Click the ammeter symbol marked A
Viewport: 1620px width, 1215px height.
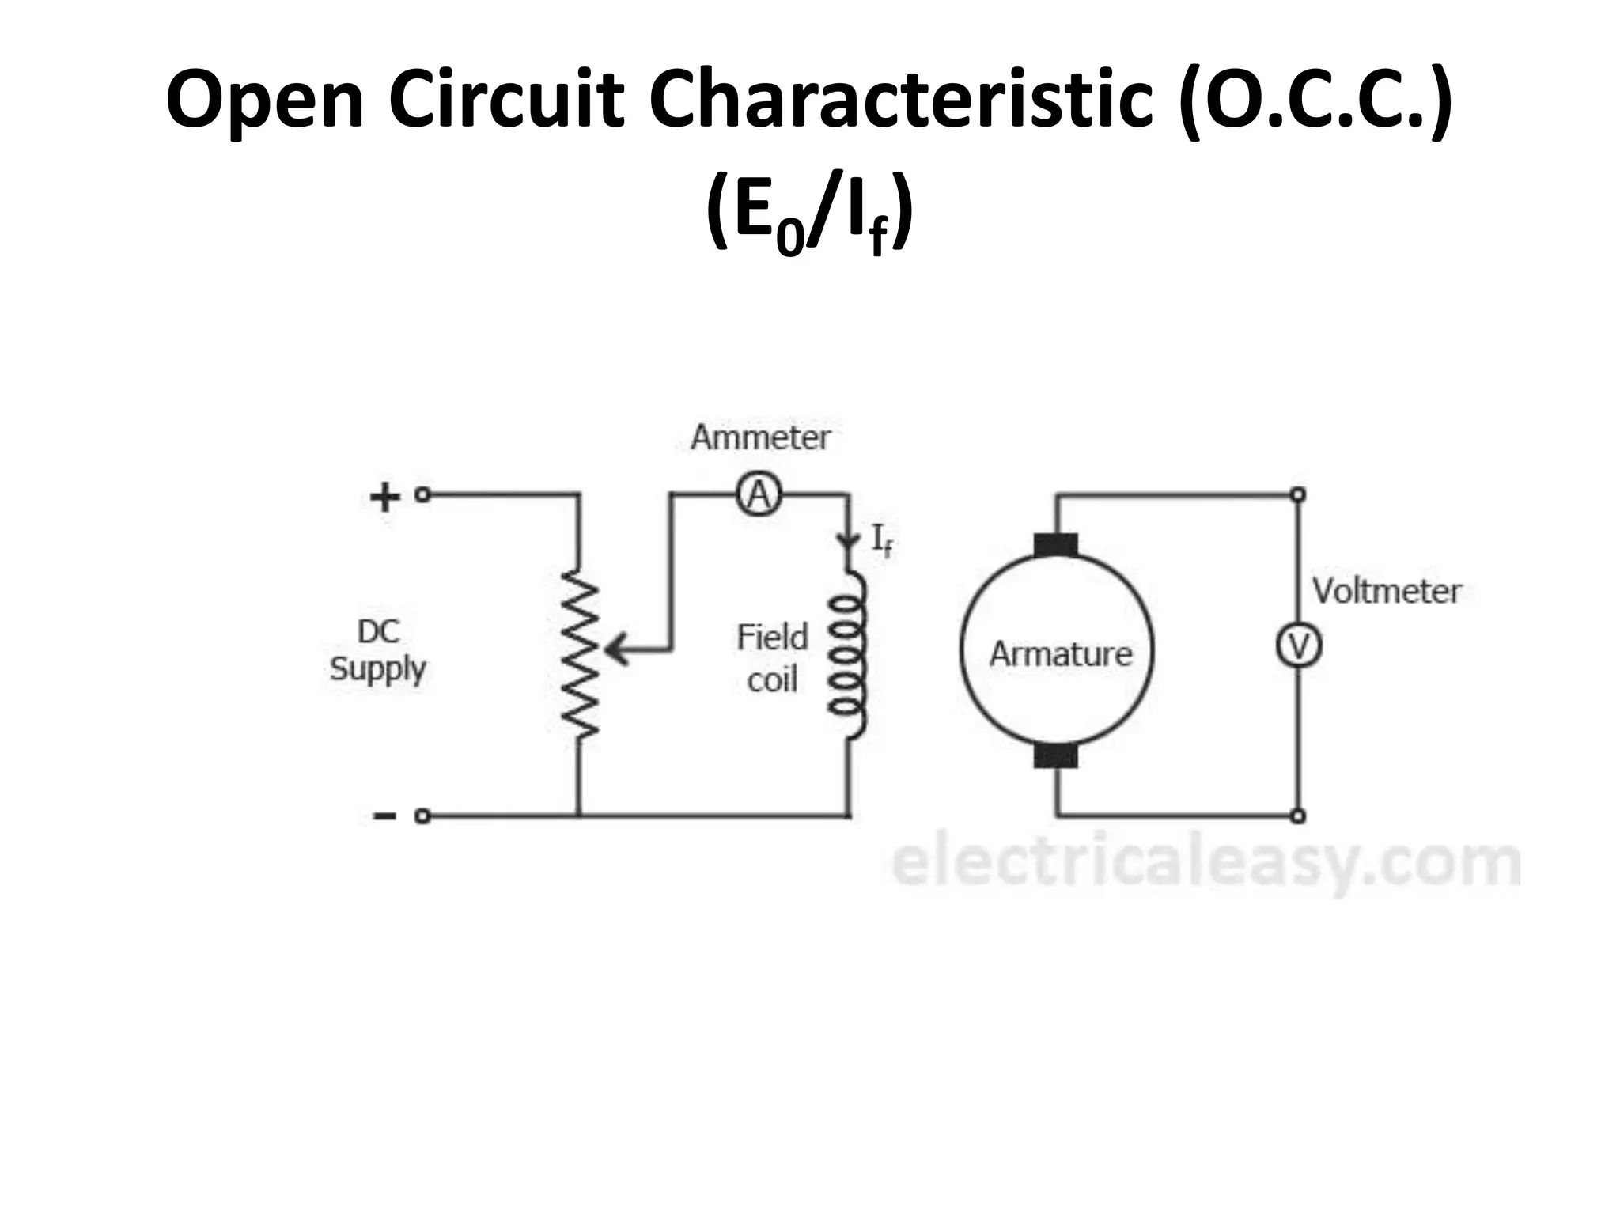(x=759, y=496)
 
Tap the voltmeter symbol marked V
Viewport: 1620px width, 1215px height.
(x=1298, y=647)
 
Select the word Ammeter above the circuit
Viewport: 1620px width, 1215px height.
(x=760, y=437)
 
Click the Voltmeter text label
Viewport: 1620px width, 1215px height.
(x=1387, y=591)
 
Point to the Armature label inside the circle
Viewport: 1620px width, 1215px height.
(x=1060, y=654)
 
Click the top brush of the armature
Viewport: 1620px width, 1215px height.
(x=1055, y=545)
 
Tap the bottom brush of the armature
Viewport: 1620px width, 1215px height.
(x=1055, y=756)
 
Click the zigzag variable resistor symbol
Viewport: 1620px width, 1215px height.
(x=580, y=653)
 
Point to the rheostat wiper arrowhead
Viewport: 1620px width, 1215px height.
(x=617, y=651)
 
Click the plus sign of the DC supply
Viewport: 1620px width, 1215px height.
(x=384, y=498)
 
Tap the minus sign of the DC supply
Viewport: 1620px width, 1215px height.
(x=384, y=816)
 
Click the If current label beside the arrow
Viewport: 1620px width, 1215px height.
(x=881, y=541)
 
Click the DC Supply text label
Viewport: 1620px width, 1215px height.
(x=378, y=650)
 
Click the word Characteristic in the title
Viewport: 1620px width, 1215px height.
(x=901, y=100)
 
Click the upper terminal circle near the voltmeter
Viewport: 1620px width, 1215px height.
(x=1297, y=495)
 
